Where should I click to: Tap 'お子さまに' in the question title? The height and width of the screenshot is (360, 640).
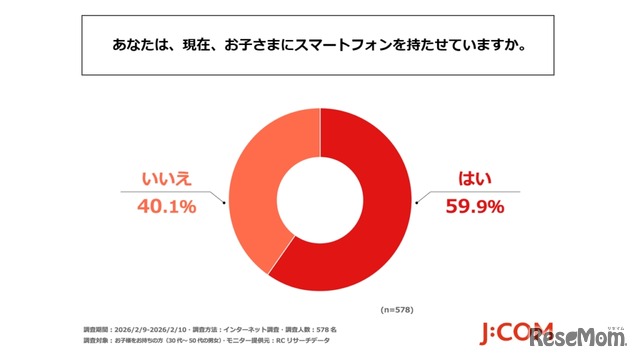coord(240,46)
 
